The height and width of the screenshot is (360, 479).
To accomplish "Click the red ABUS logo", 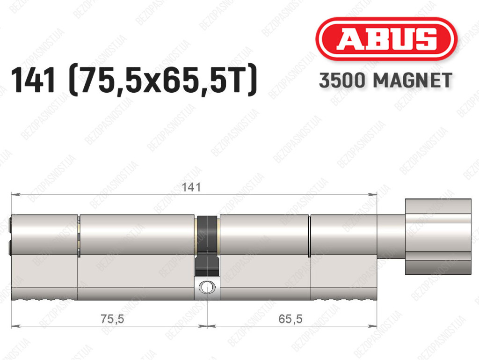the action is [386, 39].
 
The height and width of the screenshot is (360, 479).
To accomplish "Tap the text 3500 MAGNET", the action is [385, 81].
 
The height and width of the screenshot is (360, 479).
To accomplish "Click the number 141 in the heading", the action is [33, 81].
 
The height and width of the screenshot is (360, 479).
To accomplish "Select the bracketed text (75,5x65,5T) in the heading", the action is [163, 81].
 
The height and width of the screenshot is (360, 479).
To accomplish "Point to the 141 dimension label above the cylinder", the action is [191, 187].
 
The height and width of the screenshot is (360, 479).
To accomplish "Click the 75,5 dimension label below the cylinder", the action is [112, 319].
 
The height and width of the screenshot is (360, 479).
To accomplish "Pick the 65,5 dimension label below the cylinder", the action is [290, 319].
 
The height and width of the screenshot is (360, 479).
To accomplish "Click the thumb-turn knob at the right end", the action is [438, 236].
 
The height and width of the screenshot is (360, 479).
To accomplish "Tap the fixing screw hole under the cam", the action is [207, 287].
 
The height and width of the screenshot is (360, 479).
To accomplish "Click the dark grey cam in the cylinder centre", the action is [207, 244].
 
